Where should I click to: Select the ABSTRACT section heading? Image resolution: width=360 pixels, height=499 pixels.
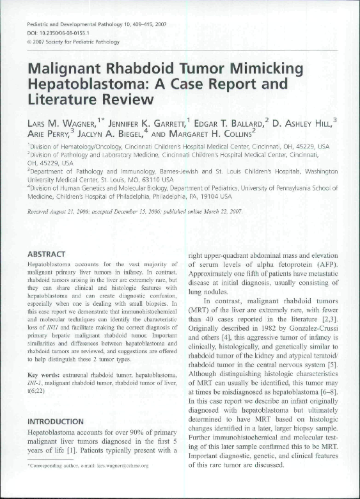(x=51, y=254)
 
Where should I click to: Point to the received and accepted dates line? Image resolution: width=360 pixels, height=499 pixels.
(x=134, y=210)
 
